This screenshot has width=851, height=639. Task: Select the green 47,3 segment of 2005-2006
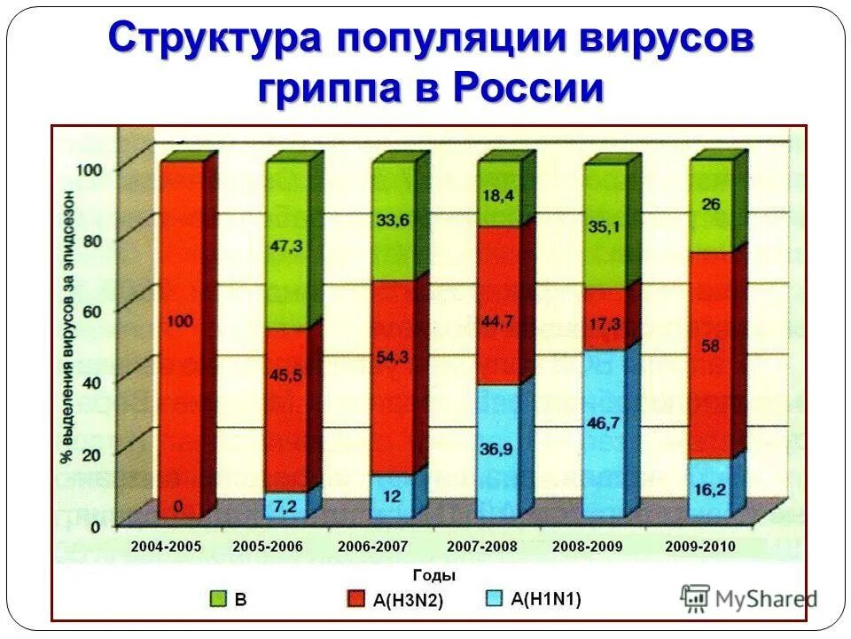pyautogui.click(x=285, y=246)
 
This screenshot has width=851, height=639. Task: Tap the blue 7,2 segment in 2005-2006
pyautogui.click(x=285, y=506)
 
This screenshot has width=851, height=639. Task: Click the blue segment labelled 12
pyautogui.click(x=392, y=497)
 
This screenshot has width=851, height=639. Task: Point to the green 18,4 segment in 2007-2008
pyautogui.click(x=498, y=195)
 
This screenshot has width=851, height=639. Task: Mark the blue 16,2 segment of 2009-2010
pyautogui.click(x=711, y=488)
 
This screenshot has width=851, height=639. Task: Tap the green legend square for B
pyautogui.click(x=218, y=599)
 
